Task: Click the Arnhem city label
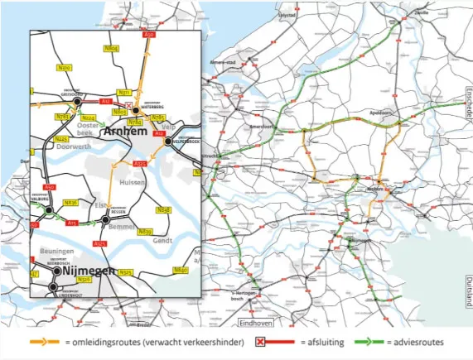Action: (123, 132)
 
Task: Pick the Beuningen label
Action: (55, 251)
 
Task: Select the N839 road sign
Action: (145, 232)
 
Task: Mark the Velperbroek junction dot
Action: (168, 142)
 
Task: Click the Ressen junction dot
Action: (104, 219)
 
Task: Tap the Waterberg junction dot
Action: (135, 109)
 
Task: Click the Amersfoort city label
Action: (263, 127)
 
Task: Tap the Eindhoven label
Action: (254, 322)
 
